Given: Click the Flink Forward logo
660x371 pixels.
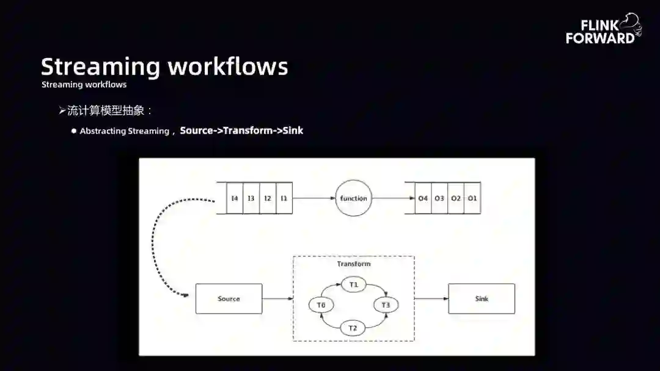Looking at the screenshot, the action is (603, 31).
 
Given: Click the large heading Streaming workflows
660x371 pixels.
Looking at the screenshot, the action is (164, 66).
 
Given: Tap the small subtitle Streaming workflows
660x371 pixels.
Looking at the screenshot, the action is (84, 85).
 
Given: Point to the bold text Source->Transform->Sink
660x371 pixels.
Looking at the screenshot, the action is (241, 131).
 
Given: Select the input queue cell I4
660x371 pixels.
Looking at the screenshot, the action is (235, 198).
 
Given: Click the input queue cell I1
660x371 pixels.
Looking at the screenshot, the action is (284, 198).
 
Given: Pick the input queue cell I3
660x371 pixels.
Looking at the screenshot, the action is (251, 198).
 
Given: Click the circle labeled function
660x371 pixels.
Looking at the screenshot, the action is (354, 198).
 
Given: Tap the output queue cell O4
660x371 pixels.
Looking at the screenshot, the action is (423, 198).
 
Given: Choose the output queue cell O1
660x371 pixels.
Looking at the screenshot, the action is (472, 198).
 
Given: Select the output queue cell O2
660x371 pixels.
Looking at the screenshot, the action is (456, 198).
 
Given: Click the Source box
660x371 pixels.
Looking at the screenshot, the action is (229, 299).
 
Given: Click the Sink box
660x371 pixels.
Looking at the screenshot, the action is (482, 299).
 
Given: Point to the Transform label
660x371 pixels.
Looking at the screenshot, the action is (354, 264).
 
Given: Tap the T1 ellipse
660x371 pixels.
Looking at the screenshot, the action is (353, 285).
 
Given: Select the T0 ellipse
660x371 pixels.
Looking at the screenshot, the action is (321, 305).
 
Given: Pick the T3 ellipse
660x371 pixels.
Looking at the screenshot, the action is (386, 305).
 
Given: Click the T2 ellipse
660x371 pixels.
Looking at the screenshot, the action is (353, 328).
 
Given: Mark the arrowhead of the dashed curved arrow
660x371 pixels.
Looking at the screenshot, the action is (185, 295).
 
